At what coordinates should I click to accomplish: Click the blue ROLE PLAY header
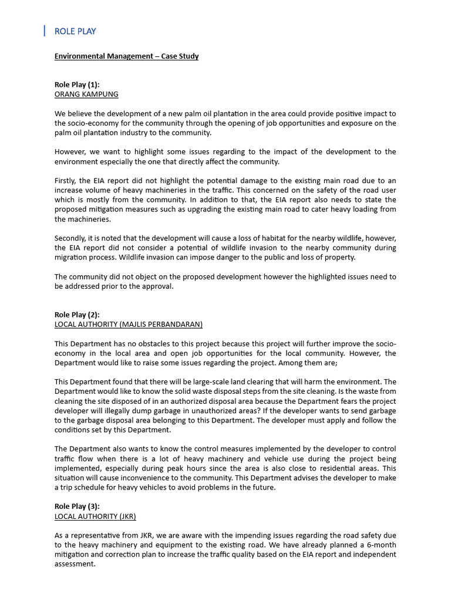[75, 31]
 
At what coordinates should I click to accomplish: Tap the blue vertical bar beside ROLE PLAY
[45, 31]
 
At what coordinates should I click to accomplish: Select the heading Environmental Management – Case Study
[126, 56]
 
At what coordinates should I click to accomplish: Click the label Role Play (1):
[77, 85]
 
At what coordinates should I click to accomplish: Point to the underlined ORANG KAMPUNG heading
[86, 94]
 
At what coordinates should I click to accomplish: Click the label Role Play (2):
[77, 315]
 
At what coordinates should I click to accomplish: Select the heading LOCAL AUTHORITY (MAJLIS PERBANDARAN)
[129, 324]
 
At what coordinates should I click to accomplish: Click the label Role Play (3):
[77, 506]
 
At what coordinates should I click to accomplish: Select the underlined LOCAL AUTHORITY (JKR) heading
[95, 516]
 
